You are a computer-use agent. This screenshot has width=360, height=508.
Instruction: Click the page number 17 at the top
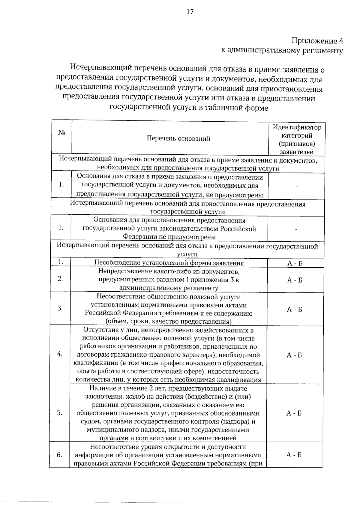190,12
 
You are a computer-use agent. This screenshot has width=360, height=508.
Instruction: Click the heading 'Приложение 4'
317,41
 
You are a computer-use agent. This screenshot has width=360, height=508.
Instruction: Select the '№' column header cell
62,133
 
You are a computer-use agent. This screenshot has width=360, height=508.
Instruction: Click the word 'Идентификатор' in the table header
297,127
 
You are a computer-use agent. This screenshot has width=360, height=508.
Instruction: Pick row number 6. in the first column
60,455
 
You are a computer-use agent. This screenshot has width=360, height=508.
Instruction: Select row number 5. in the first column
60,413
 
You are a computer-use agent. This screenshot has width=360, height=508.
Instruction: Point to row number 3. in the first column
60,308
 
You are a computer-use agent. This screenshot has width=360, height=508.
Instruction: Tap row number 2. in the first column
60,279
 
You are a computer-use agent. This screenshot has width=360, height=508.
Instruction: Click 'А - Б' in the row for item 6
294,455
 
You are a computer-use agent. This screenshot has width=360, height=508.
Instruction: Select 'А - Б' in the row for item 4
294,355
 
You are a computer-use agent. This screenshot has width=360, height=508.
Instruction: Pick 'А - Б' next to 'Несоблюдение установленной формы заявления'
295,263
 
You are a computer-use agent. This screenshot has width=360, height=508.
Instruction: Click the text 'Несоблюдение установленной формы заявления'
169,263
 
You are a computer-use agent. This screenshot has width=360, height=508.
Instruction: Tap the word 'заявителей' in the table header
296,152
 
